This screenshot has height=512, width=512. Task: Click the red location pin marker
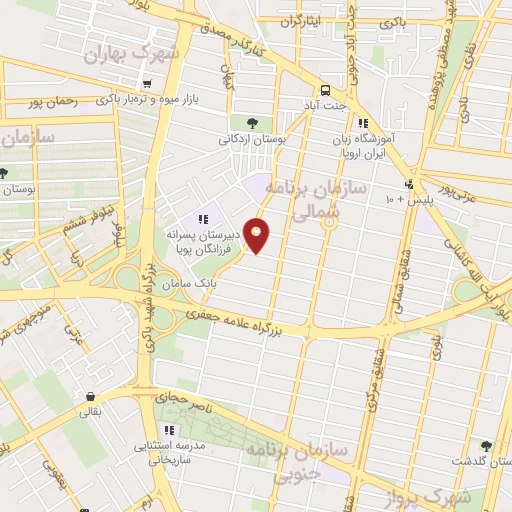point(258,234)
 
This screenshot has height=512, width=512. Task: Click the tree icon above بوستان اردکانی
point(251,122)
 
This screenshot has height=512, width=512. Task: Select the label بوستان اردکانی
point(252,140)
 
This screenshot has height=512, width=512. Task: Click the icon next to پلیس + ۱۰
point(408,185)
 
